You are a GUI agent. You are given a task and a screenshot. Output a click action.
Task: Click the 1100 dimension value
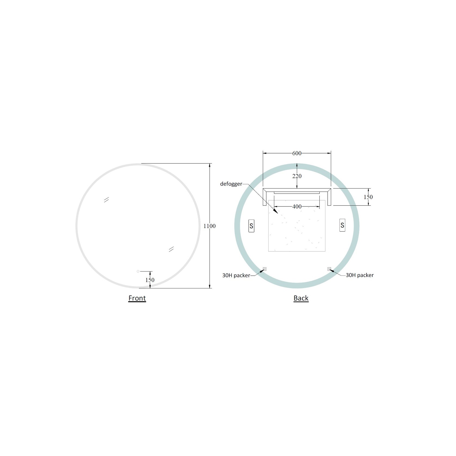[x=209, y=226]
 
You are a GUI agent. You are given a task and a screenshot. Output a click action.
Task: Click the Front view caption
[x=137, y=298]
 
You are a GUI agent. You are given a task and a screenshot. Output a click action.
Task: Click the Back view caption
[x=301, y=298]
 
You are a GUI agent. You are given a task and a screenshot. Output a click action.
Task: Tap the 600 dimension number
[x=297, y=153]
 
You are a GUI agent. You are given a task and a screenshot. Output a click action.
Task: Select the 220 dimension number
[x=297, y=176]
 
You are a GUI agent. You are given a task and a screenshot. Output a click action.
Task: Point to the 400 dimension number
[x=297, y=207]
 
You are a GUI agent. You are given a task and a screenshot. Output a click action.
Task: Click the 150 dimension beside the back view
[x=368, y=197]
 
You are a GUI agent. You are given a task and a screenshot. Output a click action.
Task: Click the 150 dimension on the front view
[x=150, y=280]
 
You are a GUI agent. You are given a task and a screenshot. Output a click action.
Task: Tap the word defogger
[x=231, y=184]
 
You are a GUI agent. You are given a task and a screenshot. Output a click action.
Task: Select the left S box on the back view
[x=251, y=226]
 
